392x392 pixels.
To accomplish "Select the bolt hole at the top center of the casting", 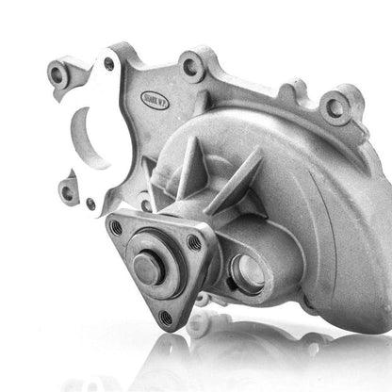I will click(x=191, y=67).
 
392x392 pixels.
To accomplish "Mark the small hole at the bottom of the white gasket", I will click(x=90, y=203).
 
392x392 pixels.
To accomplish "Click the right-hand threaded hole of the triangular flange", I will click(x=194, y=243).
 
